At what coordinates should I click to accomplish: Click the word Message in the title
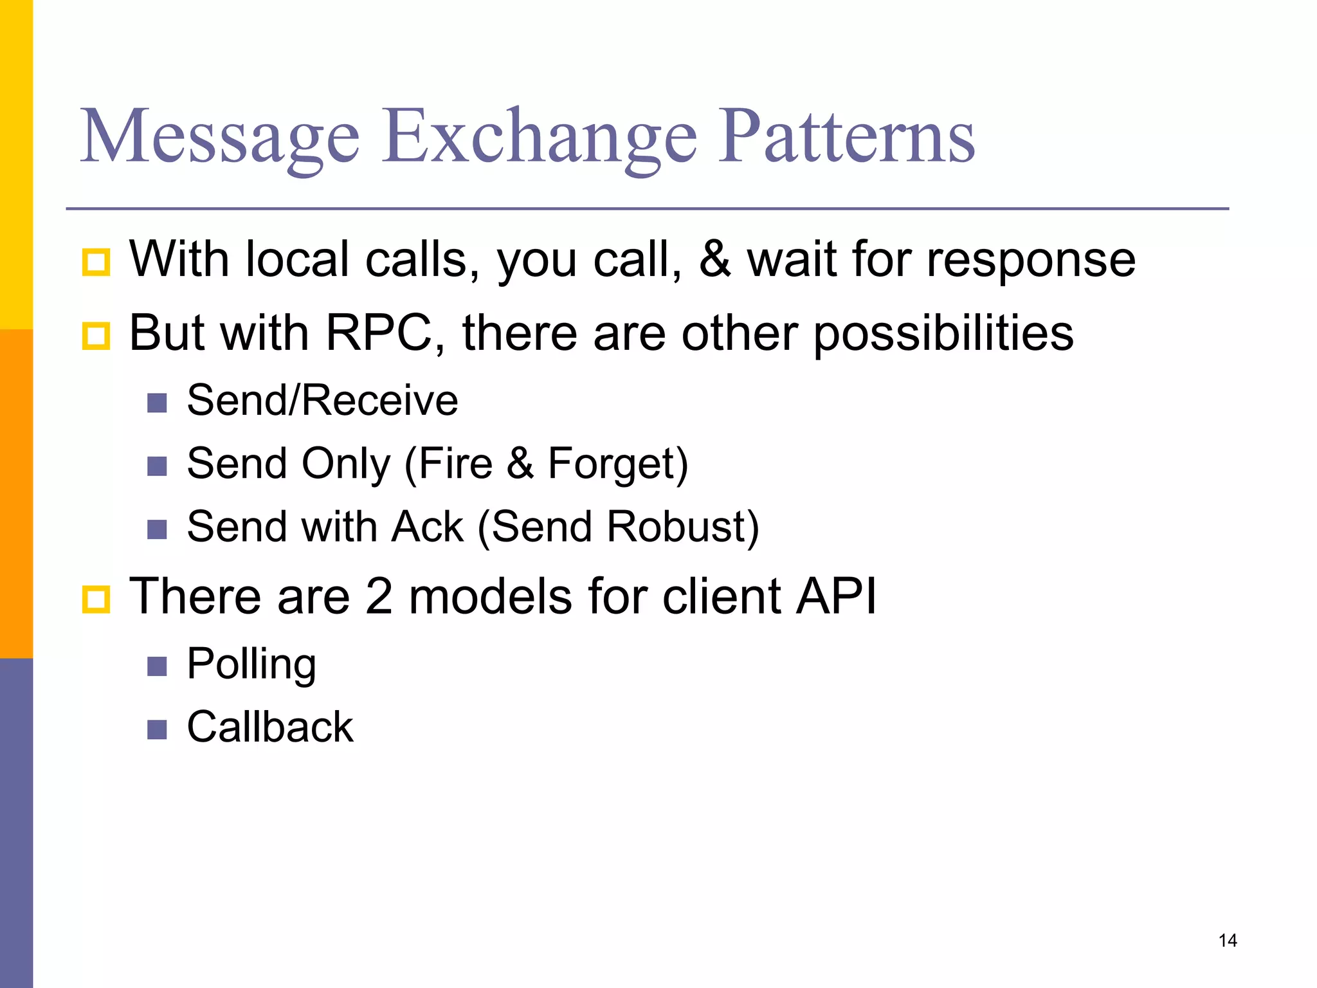(x=219, y=136)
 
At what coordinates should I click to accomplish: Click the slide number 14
(x=1227, y=940)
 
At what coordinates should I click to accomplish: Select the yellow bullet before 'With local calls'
(x=96, y=262)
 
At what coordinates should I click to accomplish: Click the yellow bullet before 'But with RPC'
(x=96, y=336)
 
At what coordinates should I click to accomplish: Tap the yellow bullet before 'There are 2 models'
(x=96, y=599)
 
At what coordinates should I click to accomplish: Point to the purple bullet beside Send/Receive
(x=157, y=403)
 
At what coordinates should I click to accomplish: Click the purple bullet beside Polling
(x=157, y=666)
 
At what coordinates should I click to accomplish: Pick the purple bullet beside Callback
(x=157, y=729)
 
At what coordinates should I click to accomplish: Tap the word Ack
(x=427, y=527)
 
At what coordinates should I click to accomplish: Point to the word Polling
(x=251, y=665)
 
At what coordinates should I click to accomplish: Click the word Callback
(x=270, y=727)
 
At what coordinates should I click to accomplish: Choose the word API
(x=836, y=596)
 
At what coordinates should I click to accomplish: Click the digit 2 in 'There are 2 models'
(x=379, y=596)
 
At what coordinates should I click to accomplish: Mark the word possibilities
(x=943, y=333)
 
